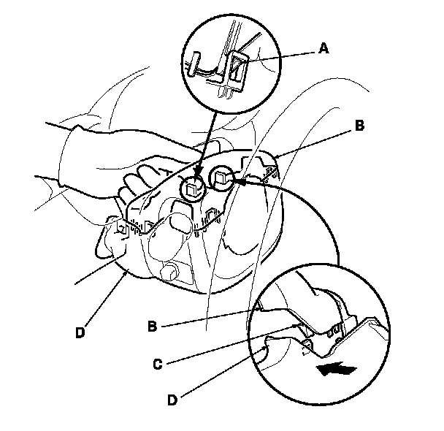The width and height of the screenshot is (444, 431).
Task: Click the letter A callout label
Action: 324,48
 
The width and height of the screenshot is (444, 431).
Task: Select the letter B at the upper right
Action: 359,126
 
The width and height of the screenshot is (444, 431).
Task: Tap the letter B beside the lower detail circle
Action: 153,326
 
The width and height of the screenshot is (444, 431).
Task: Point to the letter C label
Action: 158,364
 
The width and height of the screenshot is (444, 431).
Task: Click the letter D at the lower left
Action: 80,332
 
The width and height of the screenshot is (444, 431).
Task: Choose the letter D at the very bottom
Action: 172,400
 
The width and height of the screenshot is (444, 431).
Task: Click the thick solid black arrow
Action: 336,369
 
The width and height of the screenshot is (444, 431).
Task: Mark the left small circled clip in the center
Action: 193,188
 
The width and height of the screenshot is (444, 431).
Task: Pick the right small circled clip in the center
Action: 221,178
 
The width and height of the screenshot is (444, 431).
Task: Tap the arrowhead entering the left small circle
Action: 198,172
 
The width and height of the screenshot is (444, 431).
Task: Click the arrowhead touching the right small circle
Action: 239,181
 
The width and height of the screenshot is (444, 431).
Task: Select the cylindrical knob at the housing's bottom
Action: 169,271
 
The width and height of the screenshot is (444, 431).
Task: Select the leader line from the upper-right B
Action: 314,143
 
